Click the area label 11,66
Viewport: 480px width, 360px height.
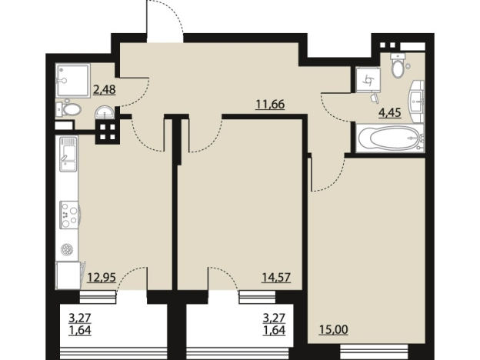point(270,105)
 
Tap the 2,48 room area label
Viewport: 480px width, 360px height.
point(105,90)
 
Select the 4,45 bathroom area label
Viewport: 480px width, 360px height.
point(390,113)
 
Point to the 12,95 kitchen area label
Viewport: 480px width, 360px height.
point(102,278)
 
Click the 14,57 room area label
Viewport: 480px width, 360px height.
point(276,278)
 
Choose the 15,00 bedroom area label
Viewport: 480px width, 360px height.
point(333,330)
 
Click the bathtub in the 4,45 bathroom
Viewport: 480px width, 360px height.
point(390,138)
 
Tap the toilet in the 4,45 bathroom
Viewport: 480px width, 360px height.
point(398,65)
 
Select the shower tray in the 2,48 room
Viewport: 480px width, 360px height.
point(72,80)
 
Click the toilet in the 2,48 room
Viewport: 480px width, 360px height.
point(69,109)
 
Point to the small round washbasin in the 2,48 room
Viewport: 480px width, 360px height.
point(105,112)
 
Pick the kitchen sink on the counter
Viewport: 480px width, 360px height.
point(68,155)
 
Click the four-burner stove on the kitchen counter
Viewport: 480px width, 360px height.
point(69,215)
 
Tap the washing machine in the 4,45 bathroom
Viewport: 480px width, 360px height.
point(368,79)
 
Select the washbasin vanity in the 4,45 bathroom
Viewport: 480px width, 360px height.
point(416,102)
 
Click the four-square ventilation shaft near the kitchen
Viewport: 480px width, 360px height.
point(107,132)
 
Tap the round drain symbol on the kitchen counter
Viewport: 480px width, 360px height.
point(66,249)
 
